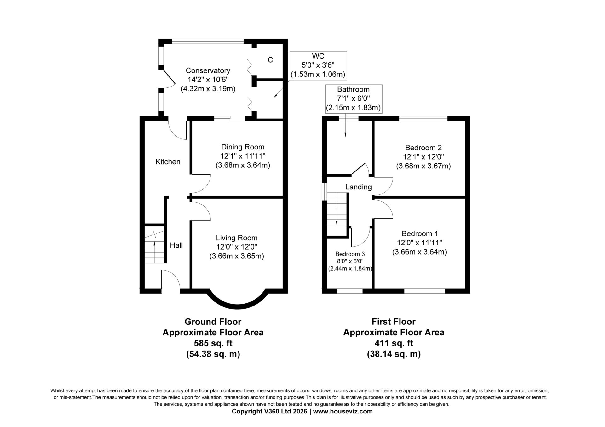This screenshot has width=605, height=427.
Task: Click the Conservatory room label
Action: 208,70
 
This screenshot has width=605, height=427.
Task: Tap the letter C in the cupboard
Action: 270,60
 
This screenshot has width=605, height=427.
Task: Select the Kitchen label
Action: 168,162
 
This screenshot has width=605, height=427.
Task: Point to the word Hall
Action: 176,245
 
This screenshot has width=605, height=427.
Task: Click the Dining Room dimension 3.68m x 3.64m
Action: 243,165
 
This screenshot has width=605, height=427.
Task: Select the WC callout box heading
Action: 318,56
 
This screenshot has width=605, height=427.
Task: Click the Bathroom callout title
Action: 353,89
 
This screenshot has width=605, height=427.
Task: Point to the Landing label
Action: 359,187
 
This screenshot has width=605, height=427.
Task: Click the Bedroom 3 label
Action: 350,254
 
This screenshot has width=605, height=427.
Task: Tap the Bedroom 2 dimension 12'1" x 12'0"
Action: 423,157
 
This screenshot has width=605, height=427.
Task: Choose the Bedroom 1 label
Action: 420,234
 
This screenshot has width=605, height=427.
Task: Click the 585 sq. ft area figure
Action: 213,343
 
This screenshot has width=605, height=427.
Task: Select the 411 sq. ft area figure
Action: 394,343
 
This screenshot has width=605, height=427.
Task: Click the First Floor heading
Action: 394,322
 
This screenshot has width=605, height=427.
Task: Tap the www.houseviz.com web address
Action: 343,411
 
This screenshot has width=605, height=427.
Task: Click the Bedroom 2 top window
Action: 423,119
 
